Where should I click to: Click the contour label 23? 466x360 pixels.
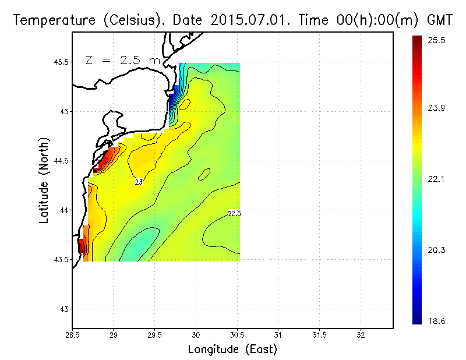[x=139, y=182]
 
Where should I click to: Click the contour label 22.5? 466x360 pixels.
[x=234, y=214]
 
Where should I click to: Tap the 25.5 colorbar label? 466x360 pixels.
[x=437, y=41]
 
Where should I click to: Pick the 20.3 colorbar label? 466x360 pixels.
[x=437, y=250]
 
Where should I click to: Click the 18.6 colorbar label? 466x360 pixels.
[x=437, y=320]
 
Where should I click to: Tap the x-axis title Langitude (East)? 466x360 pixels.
[x=232, y=350]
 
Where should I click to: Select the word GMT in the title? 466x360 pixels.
[x=441, y=20]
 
